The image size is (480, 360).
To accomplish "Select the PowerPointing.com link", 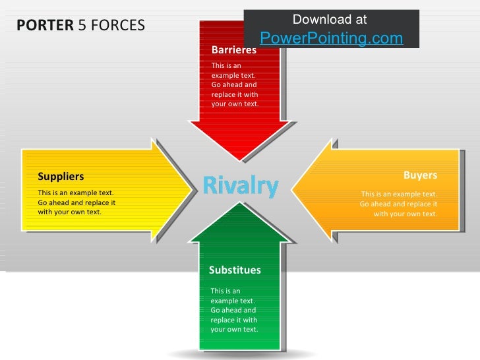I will coord(331,38).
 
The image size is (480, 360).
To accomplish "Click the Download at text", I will coord(330,20).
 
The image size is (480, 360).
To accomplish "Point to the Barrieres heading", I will coord(233,50).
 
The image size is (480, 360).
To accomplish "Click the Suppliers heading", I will coord(61,176).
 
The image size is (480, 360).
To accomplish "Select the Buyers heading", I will coord(420,175).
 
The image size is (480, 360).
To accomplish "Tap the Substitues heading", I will coord(235,270).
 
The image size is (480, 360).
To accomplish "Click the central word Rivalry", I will coord(241,185).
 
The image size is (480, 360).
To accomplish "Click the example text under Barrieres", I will coord(235,84).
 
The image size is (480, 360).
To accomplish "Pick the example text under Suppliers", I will coord(76,202).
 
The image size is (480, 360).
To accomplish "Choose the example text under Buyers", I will coord(399,204).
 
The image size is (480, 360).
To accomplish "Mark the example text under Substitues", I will coord(234,310).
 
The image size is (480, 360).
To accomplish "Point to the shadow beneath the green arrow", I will coord(241,354).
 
